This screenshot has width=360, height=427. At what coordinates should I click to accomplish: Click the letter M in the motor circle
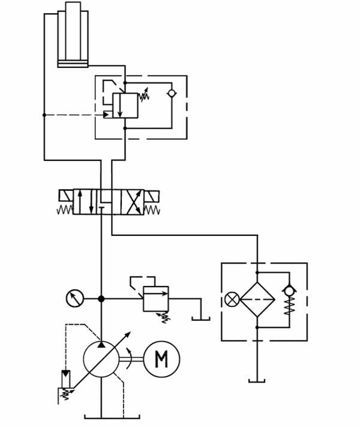click(161, 359)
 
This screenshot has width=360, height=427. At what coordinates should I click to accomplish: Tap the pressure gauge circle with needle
click(75, 298)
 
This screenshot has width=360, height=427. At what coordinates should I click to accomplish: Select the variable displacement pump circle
click(101, 359)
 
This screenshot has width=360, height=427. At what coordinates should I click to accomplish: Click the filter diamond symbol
click(257, 299)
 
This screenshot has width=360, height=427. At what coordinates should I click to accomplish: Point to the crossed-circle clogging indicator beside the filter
click(232, 299)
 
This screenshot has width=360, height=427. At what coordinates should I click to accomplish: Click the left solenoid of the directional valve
click(66, 196)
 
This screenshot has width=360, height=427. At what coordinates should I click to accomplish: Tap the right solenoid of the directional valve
click(152, 196)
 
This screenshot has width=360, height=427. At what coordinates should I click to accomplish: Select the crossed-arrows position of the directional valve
click(132, 202)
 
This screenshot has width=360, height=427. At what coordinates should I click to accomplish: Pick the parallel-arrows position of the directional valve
click(85, 202)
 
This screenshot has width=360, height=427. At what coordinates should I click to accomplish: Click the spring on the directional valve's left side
click(65, 210)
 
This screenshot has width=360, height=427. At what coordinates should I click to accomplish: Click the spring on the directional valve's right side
click(152, 210)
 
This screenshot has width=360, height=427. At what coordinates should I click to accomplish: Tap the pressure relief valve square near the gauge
click(156, 298)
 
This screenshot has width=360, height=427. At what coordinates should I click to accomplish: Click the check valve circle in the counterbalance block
click(172, 93)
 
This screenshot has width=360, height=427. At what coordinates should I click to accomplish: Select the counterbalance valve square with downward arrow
click(125, 106)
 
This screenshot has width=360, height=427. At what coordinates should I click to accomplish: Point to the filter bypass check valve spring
click(290, 306)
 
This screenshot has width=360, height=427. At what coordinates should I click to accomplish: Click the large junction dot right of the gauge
click(101, 298)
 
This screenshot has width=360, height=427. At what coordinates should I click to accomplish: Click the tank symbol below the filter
click(257, 381)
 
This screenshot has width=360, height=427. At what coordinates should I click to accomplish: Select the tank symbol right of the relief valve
click(201, 318)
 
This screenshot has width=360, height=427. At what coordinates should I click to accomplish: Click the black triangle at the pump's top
click(101, 345)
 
